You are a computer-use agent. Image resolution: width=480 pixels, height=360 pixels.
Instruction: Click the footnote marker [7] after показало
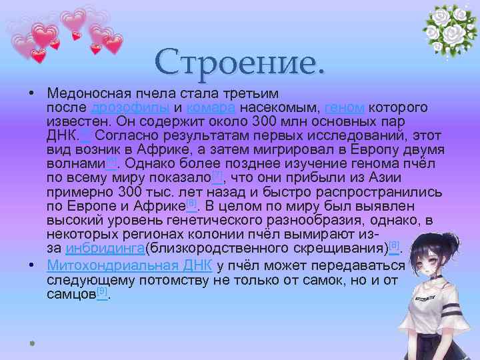click(x=217, y=175)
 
